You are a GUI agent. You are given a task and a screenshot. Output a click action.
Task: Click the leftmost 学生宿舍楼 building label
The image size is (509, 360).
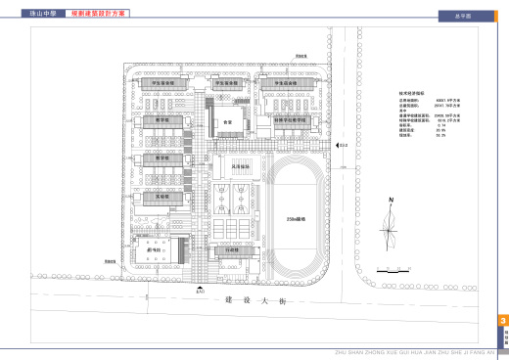[162, 84]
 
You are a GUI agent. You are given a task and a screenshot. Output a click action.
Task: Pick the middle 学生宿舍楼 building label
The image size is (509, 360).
[227, 84]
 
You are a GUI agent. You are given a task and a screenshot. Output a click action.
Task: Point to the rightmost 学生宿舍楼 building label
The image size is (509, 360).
[285, 84]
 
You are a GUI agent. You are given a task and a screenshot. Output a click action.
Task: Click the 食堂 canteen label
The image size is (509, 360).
[227, 122]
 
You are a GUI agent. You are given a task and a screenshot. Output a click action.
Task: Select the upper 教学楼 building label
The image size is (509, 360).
[163, 121]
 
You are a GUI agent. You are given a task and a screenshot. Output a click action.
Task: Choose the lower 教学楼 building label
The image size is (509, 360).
[163, 158]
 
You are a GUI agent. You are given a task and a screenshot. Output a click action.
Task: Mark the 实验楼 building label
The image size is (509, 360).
[162, 196]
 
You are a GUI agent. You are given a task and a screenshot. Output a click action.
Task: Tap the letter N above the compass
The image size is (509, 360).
[390, 200]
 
